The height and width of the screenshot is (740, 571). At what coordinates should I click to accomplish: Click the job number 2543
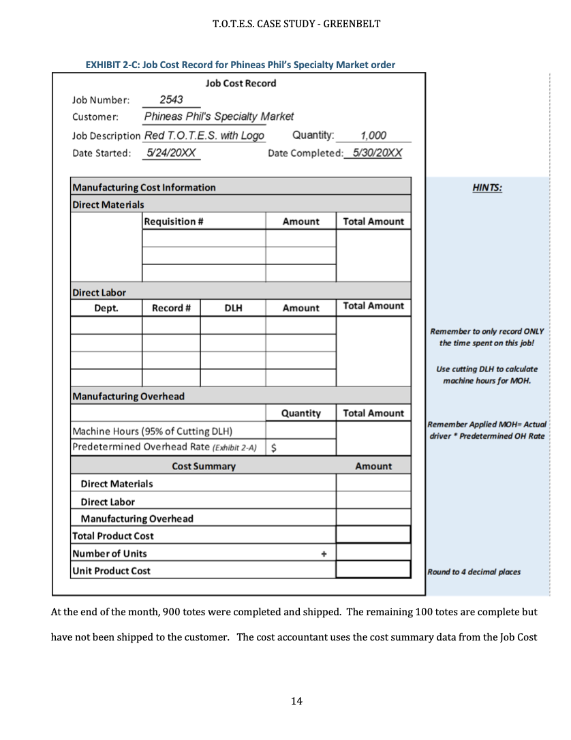(x=170, y=99)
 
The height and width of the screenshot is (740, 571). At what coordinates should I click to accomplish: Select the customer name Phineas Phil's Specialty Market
(x=218, y=117)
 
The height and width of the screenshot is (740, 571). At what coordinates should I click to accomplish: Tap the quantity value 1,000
(x=373, y=135)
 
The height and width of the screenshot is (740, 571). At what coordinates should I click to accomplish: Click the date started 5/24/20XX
(x=167, y=153)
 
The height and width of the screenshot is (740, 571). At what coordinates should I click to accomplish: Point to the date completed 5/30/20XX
(x=373, y=153)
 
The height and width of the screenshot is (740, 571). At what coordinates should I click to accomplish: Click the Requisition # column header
(x=175, y=221)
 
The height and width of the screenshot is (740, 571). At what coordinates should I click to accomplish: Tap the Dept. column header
(x=106, y=308)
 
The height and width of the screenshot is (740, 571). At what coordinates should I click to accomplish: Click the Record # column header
(x=170, y=308)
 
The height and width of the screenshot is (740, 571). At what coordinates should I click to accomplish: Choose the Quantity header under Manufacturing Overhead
(x=300, y=413)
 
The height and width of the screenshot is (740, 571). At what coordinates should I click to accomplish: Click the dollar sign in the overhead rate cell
(x=274, y=448)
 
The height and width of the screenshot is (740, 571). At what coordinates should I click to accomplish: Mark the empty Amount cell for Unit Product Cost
(x=373, y=570)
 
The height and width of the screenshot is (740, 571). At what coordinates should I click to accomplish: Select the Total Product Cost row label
(x=113, y=536)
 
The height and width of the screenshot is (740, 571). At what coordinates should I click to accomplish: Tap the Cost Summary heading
(x=204, y=466)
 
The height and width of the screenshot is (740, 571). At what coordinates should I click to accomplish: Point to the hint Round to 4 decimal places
(x=474, y=572)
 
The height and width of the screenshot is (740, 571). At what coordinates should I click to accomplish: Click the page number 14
(x=296, y=701)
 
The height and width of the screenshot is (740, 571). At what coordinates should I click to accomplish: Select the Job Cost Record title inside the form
(x=241, y=83)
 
